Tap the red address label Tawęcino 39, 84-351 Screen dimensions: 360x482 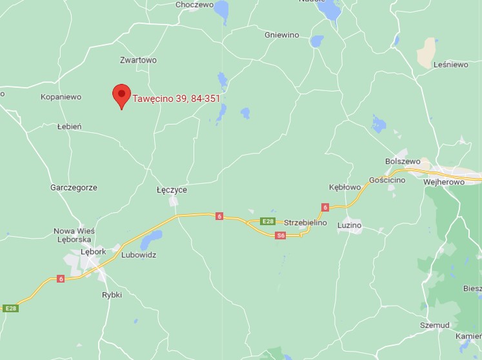pyautogui.click(x=176, y=99)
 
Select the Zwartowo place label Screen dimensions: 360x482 pyautogui.click(x=138, y=60)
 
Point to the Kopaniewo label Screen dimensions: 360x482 pyautogui.click(x=61, y=97)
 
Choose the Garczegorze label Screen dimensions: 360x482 pyautogui.click(x=74, y=188)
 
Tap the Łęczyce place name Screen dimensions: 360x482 pyautogui.click(x=172, y=190)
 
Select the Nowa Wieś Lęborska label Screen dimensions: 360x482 pyautogui.click(x=74, y=235)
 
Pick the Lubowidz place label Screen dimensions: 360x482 pyautogui.click(x=139, y=255)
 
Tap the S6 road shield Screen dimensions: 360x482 pyautogui.click(x=281, y=235)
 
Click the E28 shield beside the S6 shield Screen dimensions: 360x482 pyautogui.click(x=268, y=221)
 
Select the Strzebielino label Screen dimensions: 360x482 pyautogui.click(x=306, y=223)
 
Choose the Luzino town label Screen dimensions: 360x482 pyautogui.click(x=349, y=225)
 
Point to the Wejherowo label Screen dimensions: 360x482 pyautogui.click(x=444, y=182)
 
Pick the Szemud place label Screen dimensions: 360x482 pyautogui.click(x=434, y=325)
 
